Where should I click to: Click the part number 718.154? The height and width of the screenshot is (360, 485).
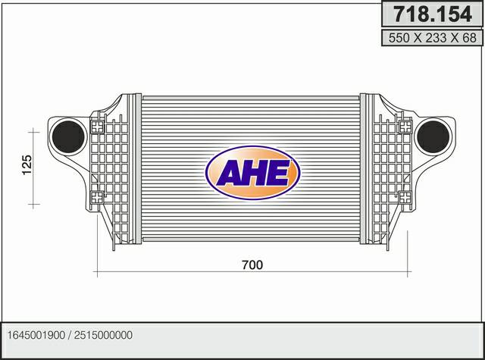pos(433,14)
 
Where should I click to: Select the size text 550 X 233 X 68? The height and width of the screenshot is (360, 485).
pos(433,38)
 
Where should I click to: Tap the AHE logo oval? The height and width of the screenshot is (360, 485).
pos(252,173)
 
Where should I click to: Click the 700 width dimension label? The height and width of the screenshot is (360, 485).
pos(252,265)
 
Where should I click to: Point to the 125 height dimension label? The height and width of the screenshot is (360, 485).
pos(27,165)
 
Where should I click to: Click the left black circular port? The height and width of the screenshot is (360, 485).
pos(68,136)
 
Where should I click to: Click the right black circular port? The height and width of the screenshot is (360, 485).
pos(433,136)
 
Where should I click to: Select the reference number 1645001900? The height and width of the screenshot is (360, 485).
pos(36,335)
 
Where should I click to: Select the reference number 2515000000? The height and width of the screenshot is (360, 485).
pos(103,335)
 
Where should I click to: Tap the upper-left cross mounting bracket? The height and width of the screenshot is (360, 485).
pos(98,127)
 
